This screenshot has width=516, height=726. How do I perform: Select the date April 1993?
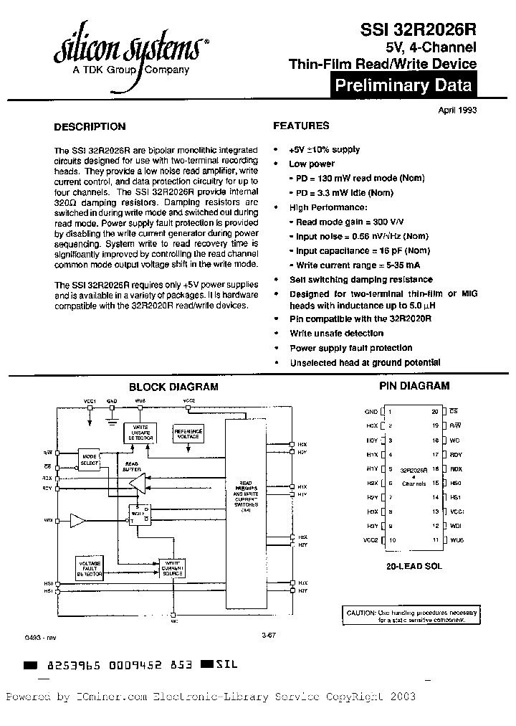click(x=457, y=110)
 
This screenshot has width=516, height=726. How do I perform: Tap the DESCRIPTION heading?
click(x=90, y=126)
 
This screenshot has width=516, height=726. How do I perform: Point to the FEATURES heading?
click(x=301, y=126)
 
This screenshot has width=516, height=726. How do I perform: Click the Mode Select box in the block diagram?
click(x=89, y=460)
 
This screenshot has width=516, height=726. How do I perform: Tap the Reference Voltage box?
click(x=188, y=433)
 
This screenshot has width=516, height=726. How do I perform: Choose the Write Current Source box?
click(x=173, y=568)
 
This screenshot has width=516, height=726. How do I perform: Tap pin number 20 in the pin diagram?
click(x=434, y=412)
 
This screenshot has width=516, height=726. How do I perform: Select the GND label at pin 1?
click(x=371, y=412)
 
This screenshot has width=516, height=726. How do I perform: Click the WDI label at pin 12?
click(x=457, y=527)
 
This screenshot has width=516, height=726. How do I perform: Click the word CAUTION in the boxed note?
click(x=360, y=612)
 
